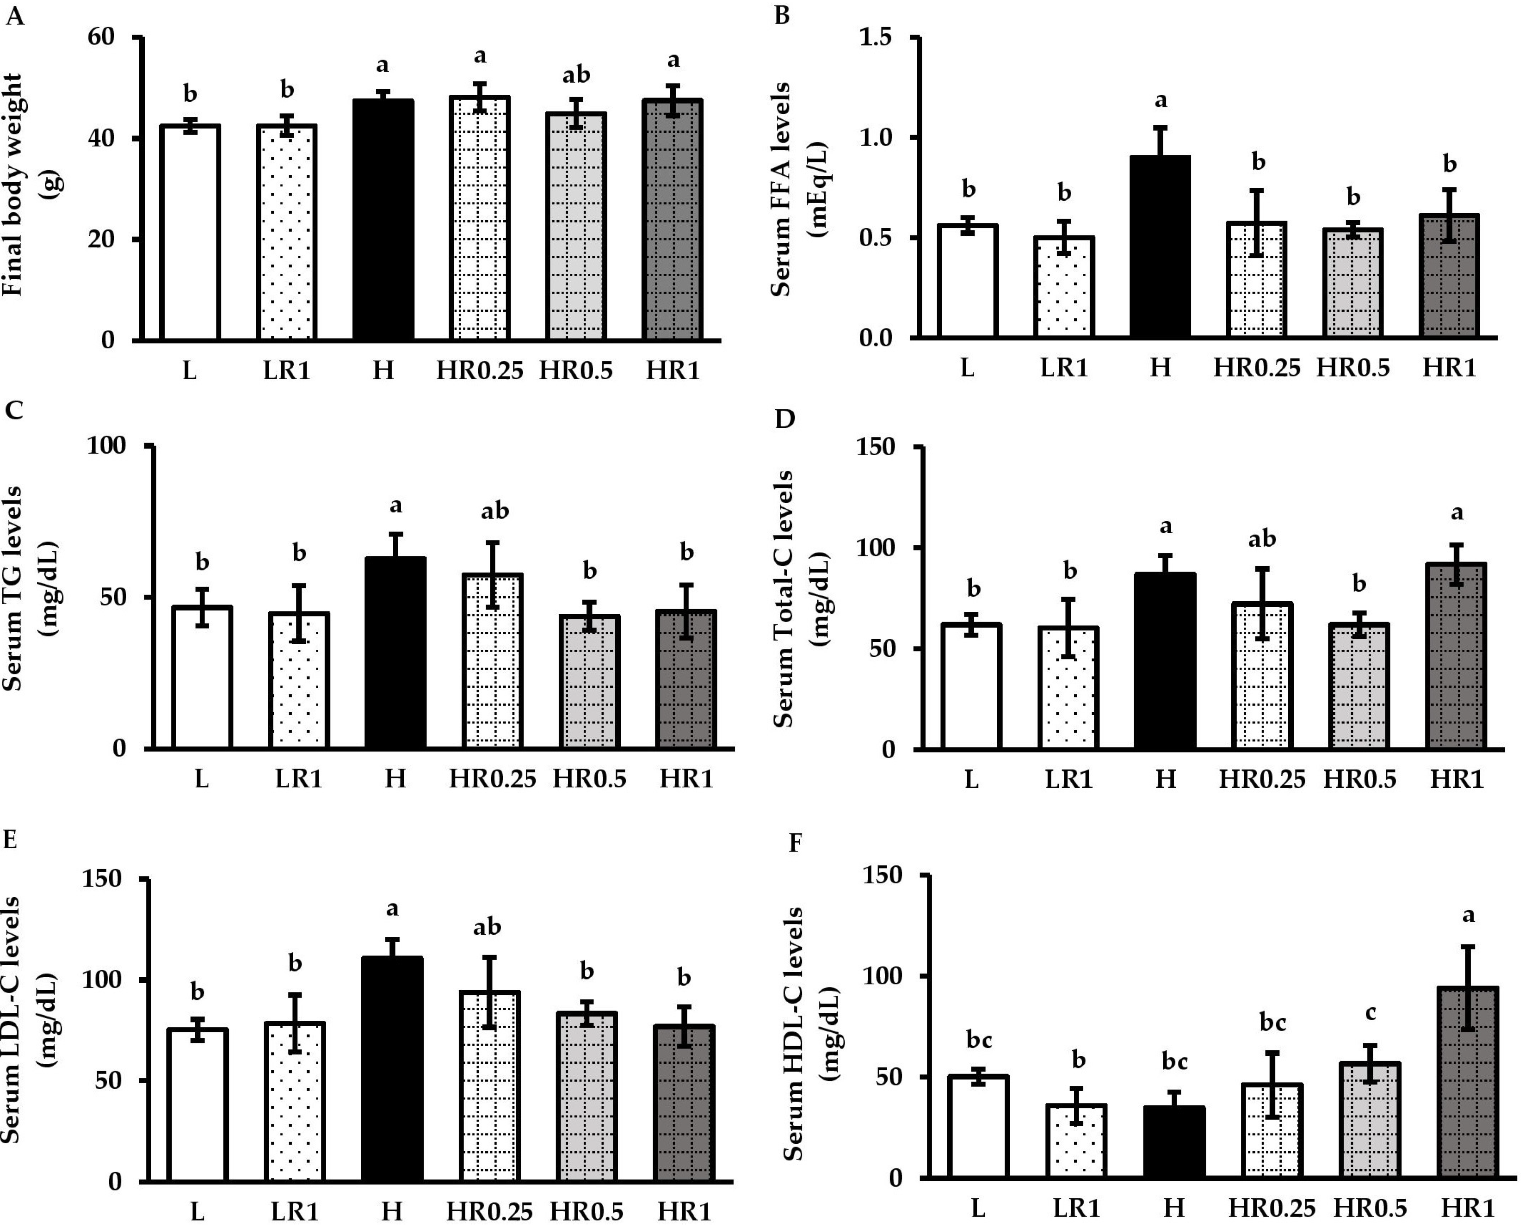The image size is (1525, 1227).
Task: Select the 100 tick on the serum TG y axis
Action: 106,445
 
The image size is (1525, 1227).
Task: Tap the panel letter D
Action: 784,419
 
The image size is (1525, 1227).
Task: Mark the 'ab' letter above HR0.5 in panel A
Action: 576,74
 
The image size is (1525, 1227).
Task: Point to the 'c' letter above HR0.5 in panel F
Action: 1370,1013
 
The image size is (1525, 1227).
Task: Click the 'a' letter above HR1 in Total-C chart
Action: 1457,512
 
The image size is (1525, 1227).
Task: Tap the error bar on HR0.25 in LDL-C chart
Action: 489,992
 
